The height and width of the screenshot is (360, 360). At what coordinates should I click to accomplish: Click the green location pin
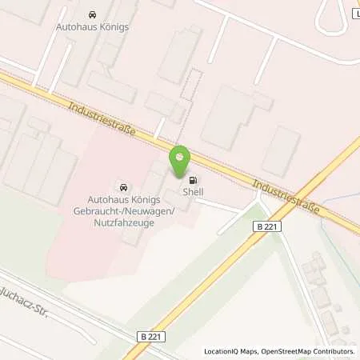click(182, 161)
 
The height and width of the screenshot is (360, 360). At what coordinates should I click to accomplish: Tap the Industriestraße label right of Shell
click(286, 195)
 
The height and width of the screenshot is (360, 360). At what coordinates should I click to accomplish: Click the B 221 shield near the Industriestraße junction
click(269, 227)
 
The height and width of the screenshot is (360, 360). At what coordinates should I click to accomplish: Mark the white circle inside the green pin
click(182, 155)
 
